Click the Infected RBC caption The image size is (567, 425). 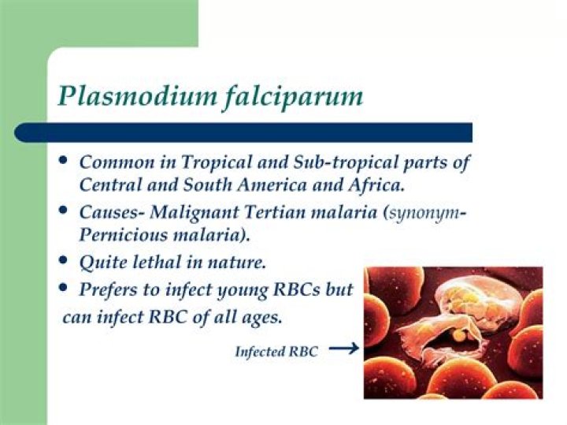click(276, 352)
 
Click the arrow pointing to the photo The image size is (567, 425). click(343, 347)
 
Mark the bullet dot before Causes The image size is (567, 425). click(64, 210)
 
